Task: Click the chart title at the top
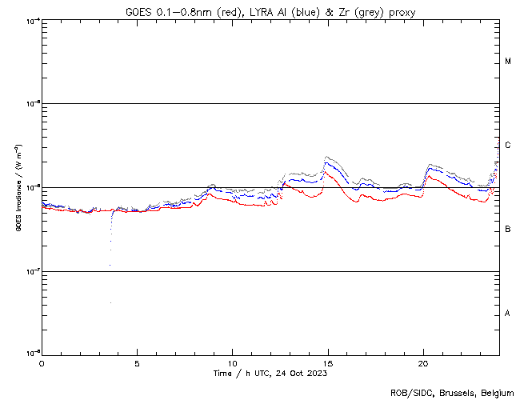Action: coord(270,12)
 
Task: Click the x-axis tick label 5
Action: coord(137,362)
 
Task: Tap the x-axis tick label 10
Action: coord(232,362)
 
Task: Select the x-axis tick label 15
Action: coord(327,362)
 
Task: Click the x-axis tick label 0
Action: coord(42,362)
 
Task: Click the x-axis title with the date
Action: coord(270,373)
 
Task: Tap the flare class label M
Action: coord(508,62)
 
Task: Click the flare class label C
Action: coord(508,146)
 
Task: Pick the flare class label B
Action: coord(508,230)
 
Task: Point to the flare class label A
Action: coord(508,314)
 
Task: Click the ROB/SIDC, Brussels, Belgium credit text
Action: coord(453,392)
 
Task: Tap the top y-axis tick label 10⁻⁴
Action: coord(33,20)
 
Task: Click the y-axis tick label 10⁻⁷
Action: coord(33,271)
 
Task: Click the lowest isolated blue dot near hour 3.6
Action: coord(110,302)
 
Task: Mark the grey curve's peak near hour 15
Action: coord(326,158)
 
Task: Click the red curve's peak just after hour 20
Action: coord(427,176)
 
